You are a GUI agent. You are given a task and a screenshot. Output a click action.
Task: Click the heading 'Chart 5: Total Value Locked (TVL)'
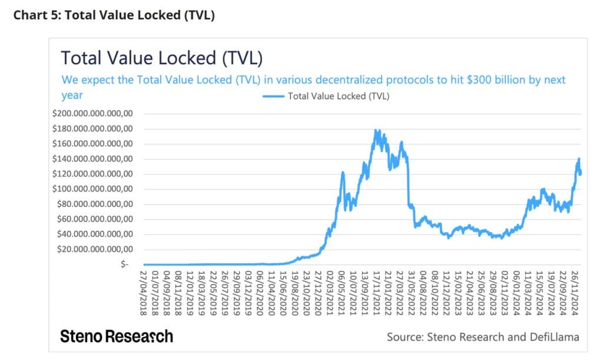coord(114,15)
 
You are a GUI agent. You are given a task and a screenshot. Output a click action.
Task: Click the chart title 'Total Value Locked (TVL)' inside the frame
coord(162,58)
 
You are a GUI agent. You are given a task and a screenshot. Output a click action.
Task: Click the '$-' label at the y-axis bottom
coord(124,265)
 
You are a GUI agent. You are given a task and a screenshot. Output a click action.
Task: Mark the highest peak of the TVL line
coord(376,130)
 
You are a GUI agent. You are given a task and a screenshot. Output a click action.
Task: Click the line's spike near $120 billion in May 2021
coord(342,173)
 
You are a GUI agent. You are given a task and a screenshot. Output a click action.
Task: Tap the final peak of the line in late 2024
coord(579,159)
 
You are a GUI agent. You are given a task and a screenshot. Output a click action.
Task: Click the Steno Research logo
coord(117,336)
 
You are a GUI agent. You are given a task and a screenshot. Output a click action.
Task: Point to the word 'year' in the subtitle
coord(72,94)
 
